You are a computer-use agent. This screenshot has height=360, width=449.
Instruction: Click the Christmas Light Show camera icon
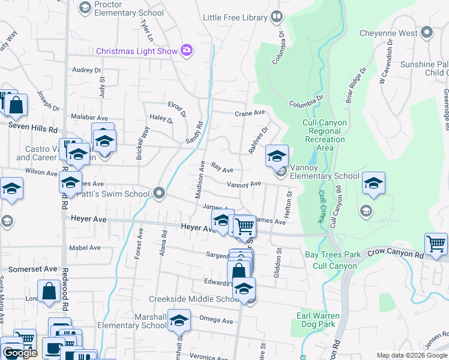coord(187,50)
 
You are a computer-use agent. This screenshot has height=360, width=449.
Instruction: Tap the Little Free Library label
coord(235,17)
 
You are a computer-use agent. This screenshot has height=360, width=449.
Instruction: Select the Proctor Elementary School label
coord(128,8)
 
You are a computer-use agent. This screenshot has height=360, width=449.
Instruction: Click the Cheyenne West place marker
coord(426,32)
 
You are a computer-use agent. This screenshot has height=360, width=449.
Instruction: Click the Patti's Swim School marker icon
coord(159,193)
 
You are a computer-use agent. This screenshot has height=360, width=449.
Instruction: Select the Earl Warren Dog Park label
coord(318,320)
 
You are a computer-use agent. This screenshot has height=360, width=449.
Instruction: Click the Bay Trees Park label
coord(333,254)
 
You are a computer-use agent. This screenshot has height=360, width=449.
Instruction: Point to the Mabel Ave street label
coord(85,247)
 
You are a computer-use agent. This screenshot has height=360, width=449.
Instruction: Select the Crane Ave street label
coord(250,113)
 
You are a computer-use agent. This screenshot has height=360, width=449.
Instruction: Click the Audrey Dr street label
coord(86,70)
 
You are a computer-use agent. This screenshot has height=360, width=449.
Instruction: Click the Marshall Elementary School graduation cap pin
coord(179,322)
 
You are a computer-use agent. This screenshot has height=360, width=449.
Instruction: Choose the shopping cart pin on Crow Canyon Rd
coord(436,245)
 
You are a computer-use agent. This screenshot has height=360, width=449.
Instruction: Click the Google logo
coord(20,353)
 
